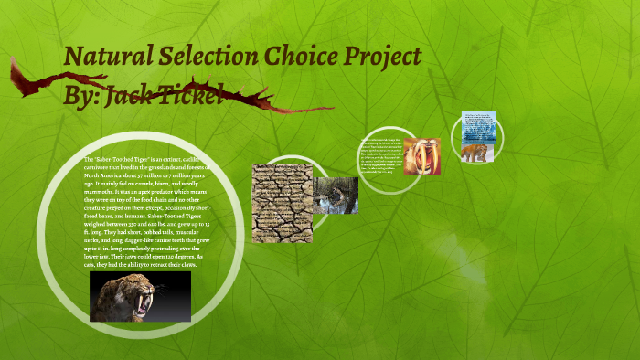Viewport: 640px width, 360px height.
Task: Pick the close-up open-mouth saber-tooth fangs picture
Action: coord(421,155)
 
